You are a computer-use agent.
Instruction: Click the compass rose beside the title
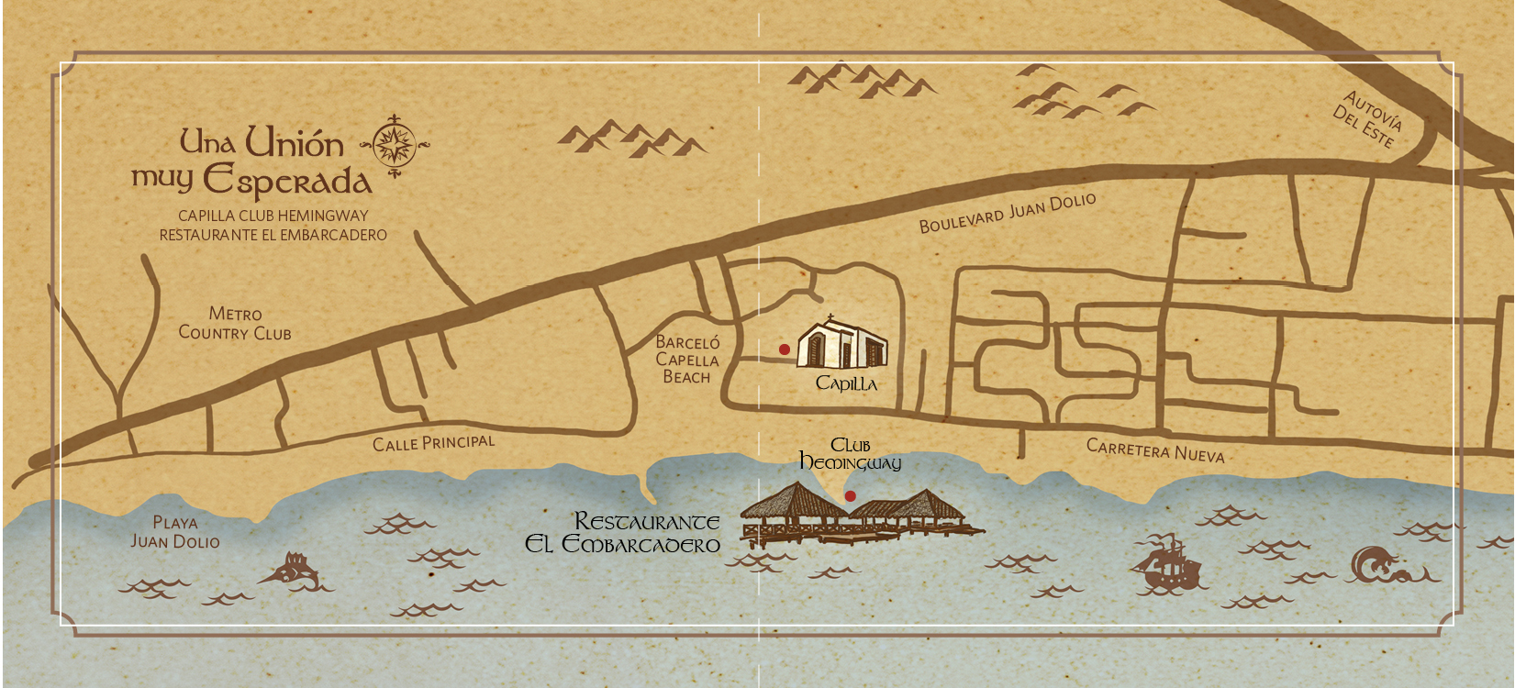395,145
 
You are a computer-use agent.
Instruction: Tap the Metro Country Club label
235,324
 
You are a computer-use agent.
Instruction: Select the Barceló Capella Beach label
687,359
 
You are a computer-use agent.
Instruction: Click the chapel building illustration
842,345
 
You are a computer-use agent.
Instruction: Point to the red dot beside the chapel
785,350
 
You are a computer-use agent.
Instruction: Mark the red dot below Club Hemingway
851,496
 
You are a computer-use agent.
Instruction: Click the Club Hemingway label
851,454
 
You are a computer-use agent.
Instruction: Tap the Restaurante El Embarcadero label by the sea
624,533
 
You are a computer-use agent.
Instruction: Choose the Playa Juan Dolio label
175,532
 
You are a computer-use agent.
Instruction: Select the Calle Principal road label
433,443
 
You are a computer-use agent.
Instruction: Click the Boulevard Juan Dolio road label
1008,213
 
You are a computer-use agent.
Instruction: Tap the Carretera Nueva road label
1155,450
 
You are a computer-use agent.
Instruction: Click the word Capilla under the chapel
846,383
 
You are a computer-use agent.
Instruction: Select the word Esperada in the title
287,180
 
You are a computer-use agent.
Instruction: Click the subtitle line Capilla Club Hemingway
273,216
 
